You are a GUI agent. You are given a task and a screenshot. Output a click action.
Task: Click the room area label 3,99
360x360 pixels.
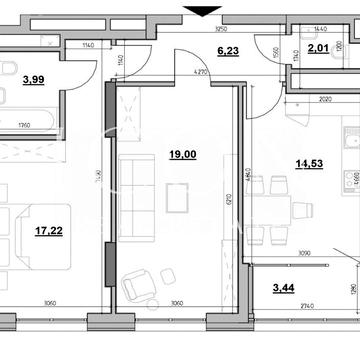pyautogui.click(x=33, y=80)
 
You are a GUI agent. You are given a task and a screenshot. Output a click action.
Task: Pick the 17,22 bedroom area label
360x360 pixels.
pyautogui.click(x=48, y=229)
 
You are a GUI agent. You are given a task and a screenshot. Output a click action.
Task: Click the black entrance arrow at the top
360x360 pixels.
pyautogui.click(x=204, y=11)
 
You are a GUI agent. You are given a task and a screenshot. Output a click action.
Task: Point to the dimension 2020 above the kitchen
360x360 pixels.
pyautogui.click(x=325, y=101)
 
